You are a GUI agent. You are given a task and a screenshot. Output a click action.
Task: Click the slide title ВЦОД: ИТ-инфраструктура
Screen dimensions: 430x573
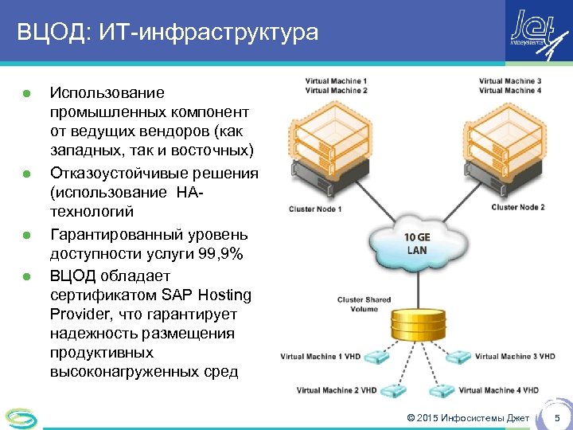[167, 33]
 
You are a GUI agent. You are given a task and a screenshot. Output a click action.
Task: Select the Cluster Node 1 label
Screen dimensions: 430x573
[315, 209]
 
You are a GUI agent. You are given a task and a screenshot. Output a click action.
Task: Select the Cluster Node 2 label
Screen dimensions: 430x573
[518, 207]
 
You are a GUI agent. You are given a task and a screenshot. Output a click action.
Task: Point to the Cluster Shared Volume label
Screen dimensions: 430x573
[364, 304]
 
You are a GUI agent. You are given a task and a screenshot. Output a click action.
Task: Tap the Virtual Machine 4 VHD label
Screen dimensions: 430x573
[499, 390]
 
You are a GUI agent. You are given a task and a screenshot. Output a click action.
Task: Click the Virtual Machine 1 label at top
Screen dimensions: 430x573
[336, 81]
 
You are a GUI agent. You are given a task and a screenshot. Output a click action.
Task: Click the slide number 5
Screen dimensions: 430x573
[557, 418]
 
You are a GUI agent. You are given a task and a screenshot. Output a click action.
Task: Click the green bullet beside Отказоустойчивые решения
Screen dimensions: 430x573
[27, 174]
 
